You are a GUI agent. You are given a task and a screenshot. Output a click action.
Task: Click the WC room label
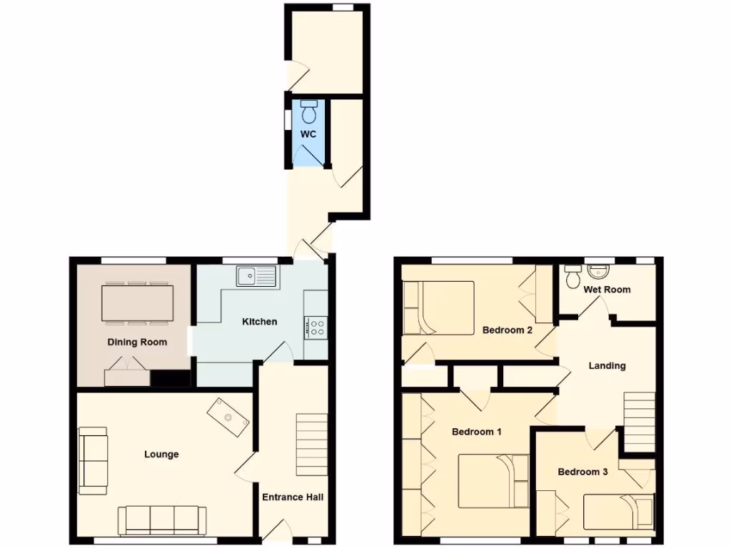click(308, 134)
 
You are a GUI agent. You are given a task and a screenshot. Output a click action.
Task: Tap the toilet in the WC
click(310, 112)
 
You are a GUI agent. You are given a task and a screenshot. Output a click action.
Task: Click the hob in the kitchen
click(316, 328)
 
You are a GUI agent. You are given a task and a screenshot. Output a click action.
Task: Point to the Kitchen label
click(260, 322)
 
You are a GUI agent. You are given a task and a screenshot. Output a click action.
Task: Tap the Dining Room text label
click(138, 342)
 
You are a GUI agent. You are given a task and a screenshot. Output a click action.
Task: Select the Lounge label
click(161, 455)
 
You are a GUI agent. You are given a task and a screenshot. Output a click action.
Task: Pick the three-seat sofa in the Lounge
click(162, 520)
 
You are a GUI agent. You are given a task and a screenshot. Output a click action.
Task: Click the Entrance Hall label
click(293, 497)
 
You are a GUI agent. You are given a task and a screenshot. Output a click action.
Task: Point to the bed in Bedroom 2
click(438, 308)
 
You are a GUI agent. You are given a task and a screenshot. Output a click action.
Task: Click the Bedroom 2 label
click(508, 330)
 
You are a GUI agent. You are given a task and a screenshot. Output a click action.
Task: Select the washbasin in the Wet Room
click(598, 273)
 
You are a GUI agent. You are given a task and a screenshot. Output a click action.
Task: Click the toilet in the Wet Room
click(573, 276)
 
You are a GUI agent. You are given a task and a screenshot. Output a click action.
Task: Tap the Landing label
click(607, 366)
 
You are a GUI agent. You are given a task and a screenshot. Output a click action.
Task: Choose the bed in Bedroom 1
click(492, 479)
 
